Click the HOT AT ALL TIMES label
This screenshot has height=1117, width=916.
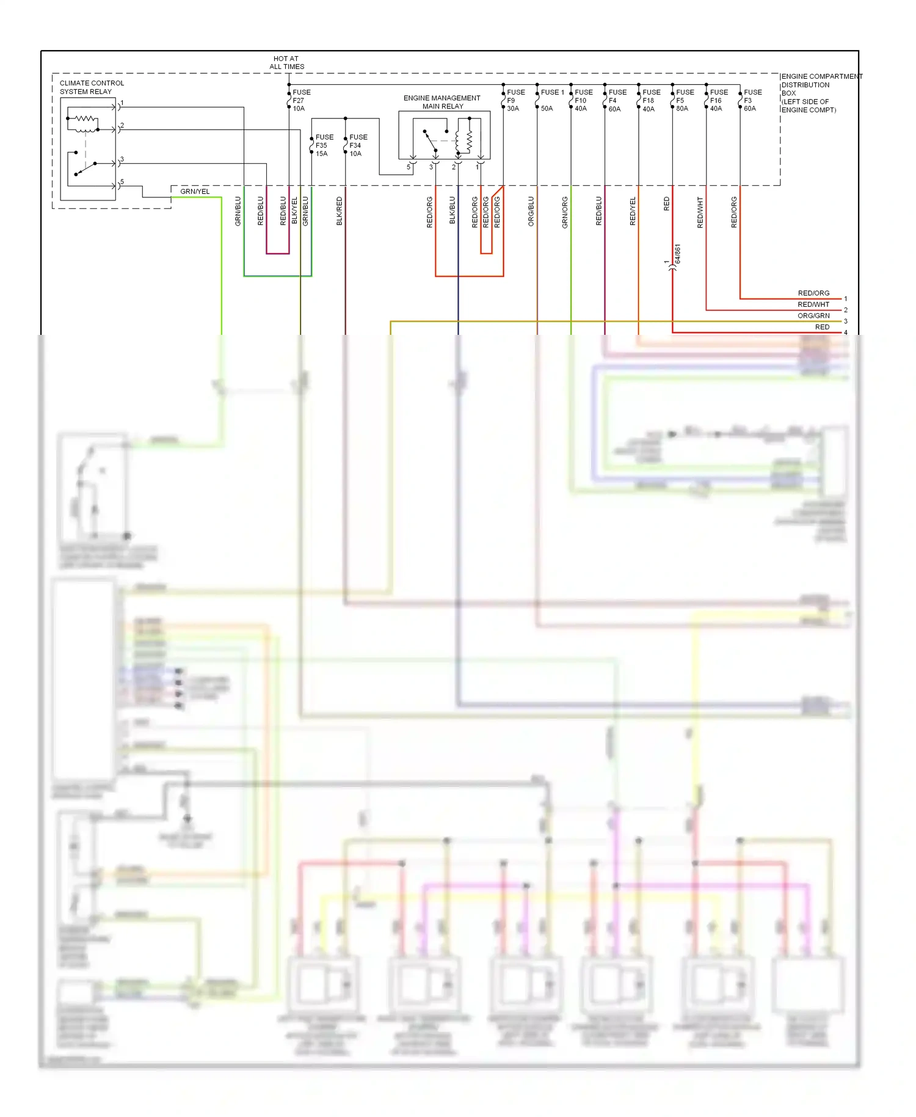[286, 63]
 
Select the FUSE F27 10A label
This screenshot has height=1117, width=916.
[300, 100]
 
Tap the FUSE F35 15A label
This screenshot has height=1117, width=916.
[324, 145]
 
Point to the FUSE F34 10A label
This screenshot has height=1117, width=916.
[357, 145]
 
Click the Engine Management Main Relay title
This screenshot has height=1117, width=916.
[442, 102]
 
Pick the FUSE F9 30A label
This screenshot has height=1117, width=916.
[514, 100]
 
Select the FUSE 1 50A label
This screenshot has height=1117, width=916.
[550, 100]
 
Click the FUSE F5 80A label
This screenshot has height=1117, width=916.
[684, 100]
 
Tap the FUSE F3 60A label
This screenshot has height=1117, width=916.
[752, 100]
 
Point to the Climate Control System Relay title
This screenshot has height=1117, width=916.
[92, 87]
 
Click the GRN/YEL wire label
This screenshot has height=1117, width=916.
[195, 191]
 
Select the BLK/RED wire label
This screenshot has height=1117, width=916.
[340, 211]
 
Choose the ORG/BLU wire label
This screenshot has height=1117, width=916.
[531, 211]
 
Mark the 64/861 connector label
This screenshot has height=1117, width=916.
[678, 254]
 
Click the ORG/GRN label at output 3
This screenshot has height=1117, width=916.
[813, 316]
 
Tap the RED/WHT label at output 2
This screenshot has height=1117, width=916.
[813, 304]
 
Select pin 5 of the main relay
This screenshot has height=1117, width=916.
[409, 167]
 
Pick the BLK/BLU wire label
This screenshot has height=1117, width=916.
[453, 210]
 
